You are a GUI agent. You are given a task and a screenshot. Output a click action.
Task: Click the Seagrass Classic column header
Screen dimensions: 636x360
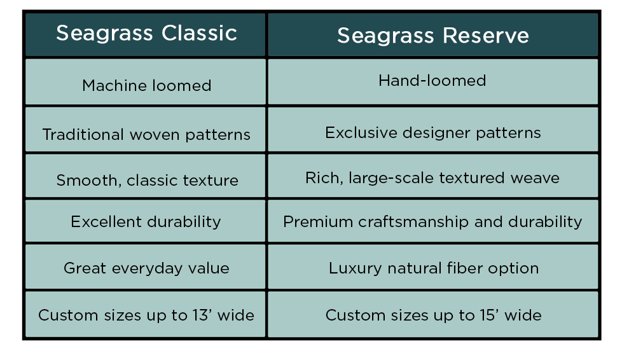[145, 34]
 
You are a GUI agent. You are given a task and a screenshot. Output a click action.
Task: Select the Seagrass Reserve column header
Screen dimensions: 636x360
[432, 34]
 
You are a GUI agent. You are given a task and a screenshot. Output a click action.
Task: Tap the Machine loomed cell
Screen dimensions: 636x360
[145, 82]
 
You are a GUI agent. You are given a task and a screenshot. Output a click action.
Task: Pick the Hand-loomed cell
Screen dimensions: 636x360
[432, 82]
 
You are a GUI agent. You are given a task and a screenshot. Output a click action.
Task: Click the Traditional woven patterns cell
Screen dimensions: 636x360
[145, 130]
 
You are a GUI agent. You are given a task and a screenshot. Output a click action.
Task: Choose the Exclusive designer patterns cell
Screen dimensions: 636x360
[432, 130]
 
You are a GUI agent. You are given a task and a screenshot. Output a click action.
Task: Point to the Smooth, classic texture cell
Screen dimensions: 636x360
[145, 176]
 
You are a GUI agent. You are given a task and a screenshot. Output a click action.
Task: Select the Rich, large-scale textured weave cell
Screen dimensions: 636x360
[432, 176]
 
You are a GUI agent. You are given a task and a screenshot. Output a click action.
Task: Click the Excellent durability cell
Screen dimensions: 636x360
[145, 221]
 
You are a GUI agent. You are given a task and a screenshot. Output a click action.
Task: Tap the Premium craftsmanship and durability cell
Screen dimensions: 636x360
[432, 221]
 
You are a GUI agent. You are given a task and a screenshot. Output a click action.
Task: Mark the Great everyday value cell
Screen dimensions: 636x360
[145, 267]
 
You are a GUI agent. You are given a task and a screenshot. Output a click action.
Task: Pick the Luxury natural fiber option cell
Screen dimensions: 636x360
[432, 267]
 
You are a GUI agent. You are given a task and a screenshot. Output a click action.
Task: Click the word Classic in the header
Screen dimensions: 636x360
[199, 33]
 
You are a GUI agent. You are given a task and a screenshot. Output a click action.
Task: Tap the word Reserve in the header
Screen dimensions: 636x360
[486, 36]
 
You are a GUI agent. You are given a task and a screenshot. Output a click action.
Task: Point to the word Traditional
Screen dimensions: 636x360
[83, 134]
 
